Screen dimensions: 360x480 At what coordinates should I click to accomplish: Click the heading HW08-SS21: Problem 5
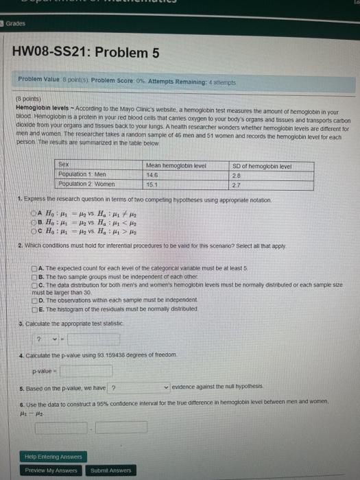tap(86, 52)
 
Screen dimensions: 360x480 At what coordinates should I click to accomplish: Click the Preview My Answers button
tap(51, 470)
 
